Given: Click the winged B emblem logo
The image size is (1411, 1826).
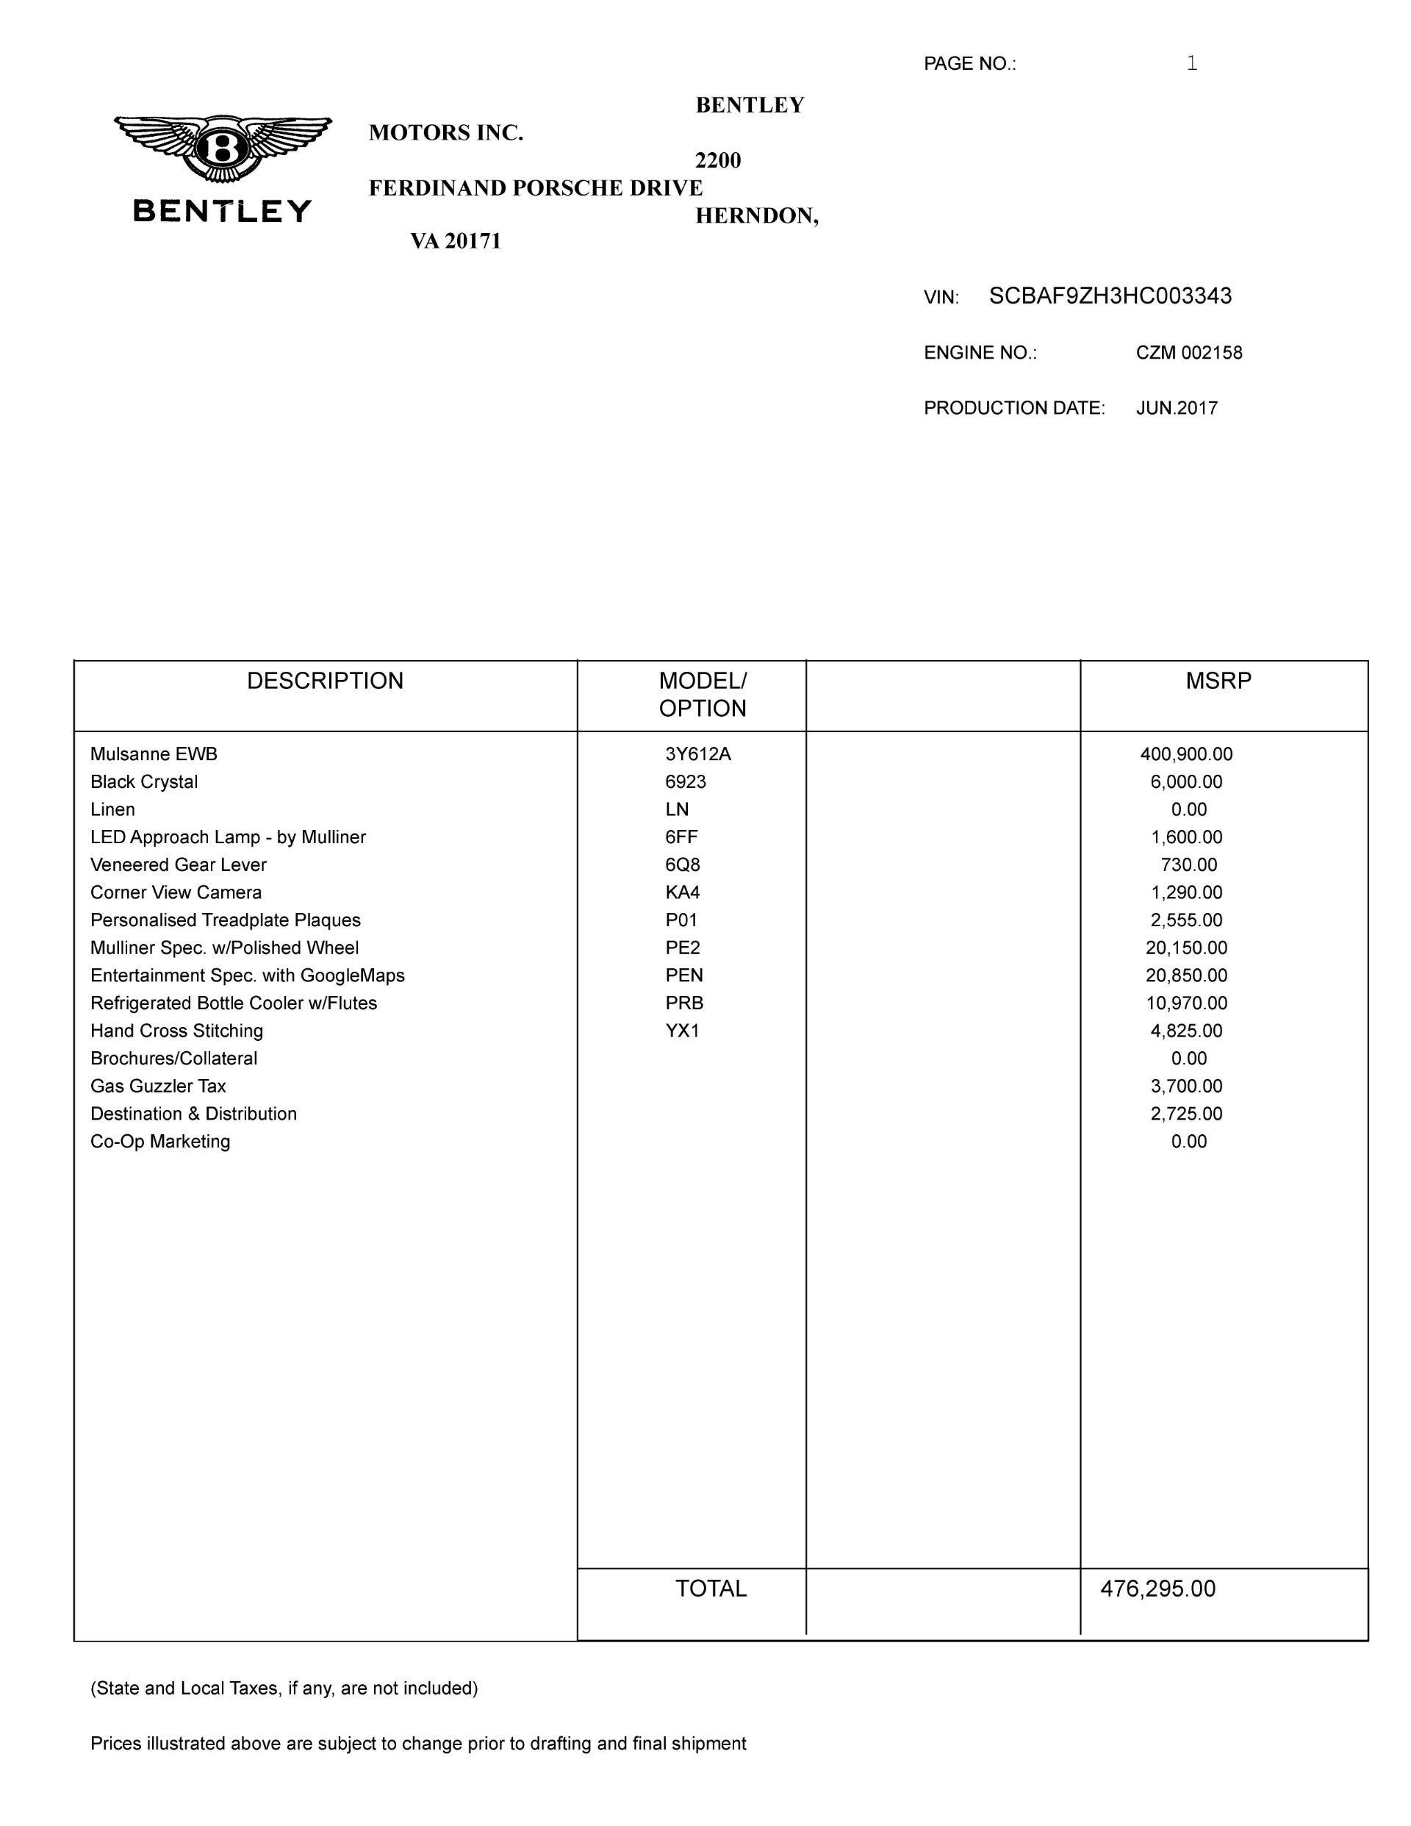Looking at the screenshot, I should pyautogui.click(x=223, y=148).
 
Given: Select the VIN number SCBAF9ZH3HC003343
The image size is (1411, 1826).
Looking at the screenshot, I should pyautogui.click(x=1110, y=296).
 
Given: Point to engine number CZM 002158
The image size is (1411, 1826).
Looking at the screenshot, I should pyautogui.click(x=1188, y=353).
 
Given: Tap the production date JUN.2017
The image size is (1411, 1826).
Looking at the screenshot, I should pyautogui.click(x=1176, y=408).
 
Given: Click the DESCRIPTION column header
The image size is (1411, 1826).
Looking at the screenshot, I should pyautogui.click(x=325, y=681).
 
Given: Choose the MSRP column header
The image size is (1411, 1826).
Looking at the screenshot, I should pyautogui.click(x=1218, y=681).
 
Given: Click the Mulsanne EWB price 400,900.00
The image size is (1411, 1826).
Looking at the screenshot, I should pyautogui.click(x=1186, y=754).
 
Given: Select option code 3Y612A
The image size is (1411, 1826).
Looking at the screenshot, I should pyautogui.click(x=698, y=754).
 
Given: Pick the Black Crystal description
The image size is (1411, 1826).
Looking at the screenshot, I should pyautogui.click(x=145, y=781).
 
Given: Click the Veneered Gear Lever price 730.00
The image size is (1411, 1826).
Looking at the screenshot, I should pyautogui.click(x=1188, y=864).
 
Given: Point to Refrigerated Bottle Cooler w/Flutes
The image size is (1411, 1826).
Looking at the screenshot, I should pyautogui.click(x=234, y=1003).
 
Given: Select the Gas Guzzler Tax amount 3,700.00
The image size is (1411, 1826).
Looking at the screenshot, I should pyautogui.click(x=1186, y=1086).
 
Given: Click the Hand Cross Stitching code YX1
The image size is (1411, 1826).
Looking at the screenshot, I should pyautogui.click(x=682, y=1030).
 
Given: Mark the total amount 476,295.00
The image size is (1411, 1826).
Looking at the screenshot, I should pyautogui.click(x=1157, y=1589).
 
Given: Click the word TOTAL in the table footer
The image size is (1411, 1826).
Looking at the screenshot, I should pyautogui.click(x=711, y=1589).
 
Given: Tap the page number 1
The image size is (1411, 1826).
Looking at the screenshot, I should pyautogui.click(x=1192, y=63).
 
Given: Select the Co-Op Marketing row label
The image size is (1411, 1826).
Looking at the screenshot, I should pyautogui.click(x=160, y=1141).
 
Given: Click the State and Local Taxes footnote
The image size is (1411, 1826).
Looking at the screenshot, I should pyautogui.click(x=284, y=1688).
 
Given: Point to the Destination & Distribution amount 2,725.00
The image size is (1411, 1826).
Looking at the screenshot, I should pyautogui.click(x=1186, y=1114).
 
